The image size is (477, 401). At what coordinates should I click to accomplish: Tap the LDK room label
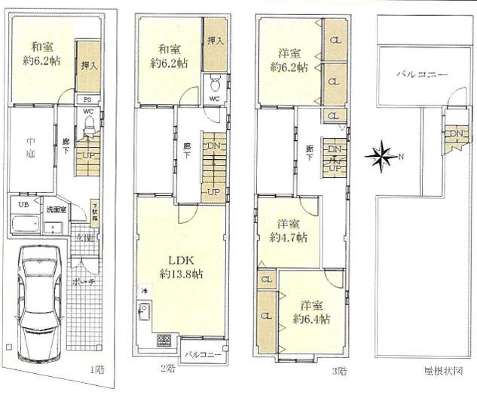180,261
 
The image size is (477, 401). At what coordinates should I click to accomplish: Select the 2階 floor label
167,369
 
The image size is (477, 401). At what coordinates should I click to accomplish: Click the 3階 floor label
338,370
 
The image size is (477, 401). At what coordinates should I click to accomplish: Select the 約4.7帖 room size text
288,237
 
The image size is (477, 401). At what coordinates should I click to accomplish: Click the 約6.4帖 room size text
311,319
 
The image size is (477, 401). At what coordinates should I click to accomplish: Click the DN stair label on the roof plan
455,134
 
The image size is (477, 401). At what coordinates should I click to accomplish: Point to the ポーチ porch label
77,282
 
